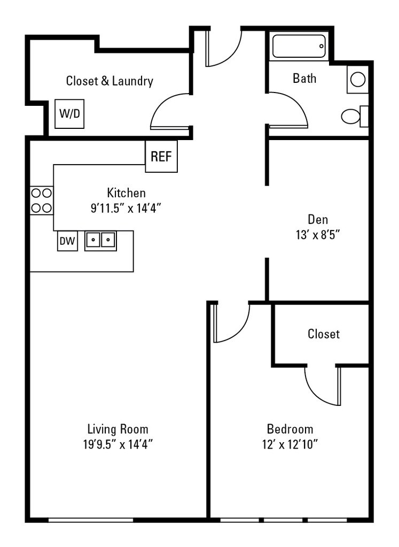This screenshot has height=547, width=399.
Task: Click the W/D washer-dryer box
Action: pos(69,113)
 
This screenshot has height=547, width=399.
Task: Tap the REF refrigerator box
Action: pos(161,157)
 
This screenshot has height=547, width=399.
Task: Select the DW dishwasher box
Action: pos(67,241)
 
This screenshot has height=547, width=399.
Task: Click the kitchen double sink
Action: pos(100,241)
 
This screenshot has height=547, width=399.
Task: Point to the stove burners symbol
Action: pos(41,200)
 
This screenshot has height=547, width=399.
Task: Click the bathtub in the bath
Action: pos(299,47)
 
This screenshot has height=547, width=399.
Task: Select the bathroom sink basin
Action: pos(358,80)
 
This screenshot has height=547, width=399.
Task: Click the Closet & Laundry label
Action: pos(109,81)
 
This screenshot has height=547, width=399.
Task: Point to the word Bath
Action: pos(304,79)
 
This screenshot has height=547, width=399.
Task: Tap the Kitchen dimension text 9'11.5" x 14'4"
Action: pos(126,207)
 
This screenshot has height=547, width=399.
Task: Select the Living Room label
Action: pos(118,429)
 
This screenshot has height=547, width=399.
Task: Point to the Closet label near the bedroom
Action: pos(324,334)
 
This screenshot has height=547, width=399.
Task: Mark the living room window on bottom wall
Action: pos(91,519)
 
